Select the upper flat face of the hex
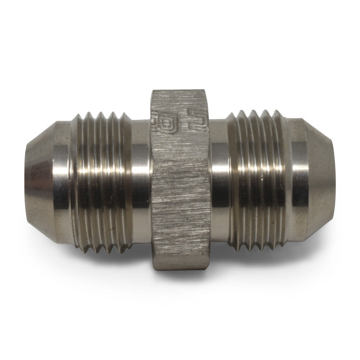(180, 121)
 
